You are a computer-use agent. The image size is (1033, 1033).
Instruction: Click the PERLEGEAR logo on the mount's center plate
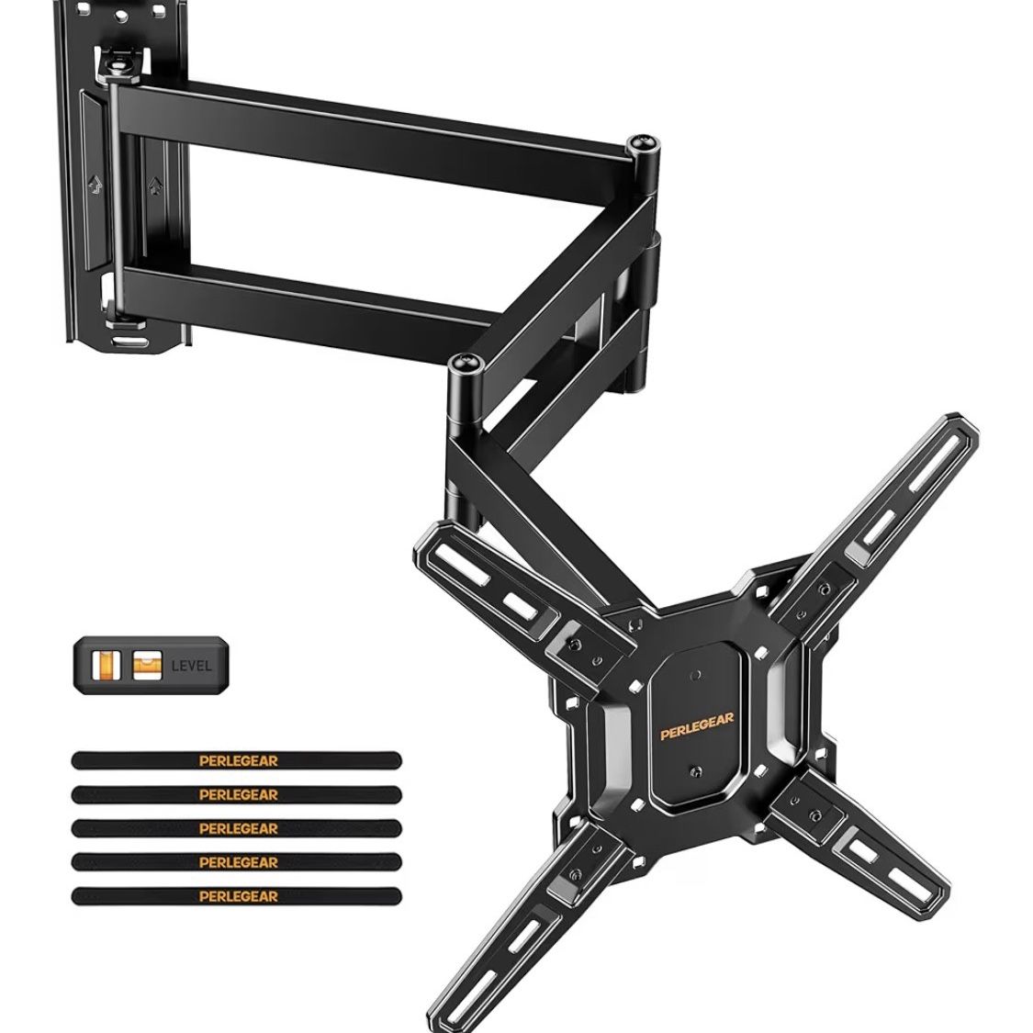[x=696, y=726]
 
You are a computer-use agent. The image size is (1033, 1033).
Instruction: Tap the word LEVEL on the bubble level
[x=192, y=666]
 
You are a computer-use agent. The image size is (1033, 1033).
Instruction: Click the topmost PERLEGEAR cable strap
[x=237, y=760]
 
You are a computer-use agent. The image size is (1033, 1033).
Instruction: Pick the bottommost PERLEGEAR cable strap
[x=237, y=896]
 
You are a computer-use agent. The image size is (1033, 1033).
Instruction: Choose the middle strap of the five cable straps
[x=237, y=828]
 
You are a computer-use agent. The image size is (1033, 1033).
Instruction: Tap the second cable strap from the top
[x=237, y=794]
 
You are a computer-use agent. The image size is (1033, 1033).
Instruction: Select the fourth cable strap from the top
[x=237, y=862]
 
